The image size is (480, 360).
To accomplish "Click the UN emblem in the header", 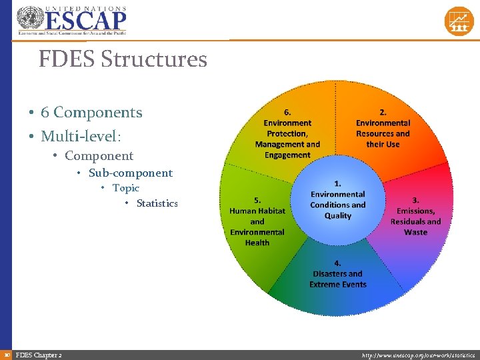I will point(30,19).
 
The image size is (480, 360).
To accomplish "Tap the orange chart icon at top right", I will point(459,21).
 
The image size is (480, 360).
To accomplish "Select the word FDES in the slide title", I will point(67,59).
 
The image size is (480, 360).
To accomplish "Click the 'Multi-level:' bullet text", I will point(81,136).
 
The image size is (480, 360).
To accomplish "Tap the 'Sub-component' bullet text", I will point(131,173).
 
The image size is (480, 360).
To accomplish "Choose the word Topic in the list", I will point(126,188).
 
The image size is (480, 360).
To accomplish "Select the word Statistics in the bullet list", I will point(157,203).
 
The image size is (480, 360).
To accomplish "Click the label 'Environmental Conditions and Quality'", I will point(338,205).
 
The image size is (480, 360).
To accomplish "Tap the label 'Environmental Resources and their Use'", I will point(383,133).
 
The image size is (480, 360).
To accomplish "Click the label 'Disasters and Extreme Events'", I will point(338,279).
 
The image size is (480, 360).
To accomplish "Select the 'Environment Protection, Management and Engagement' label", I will point(287,139).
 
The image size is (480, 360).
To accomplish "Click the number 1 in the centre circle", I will point(338,183).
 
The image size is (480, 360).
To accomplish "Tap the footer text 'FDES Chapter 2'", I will point(39,355).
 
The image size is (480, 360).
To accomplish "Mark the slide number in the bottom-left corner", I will point(6,355).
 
